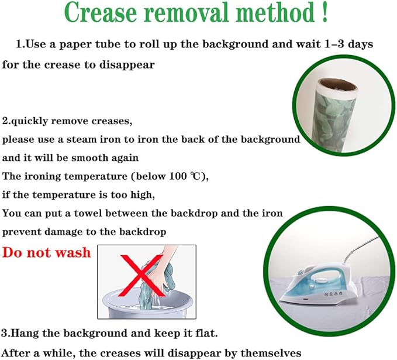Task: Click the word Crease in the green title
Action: [101, 12]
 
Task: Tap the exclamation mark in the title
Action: [325, 12]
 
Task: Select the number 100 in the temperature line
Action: [178, 176]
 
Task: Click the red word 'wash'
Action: [73, 252]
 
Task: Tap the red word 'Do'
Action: [13, 252]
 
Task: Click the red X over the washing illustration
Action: [141, 275]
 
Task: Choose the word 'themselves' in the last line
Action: [271, 352]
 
